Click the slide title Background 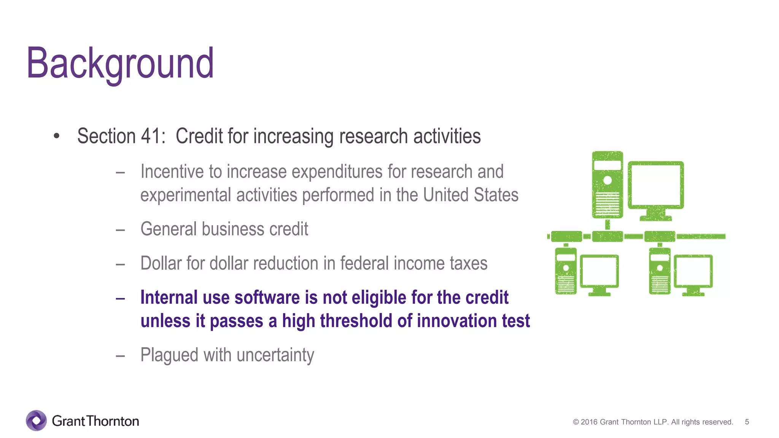point(120,63)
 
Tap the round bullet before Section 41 point(57,136)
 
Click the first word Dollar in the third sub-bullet point(161,263)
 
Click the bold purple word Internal point(169,298)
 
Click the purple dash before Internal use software point(121,298)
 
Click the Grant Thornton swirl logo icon point(36,421)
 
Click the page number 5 point(747,422)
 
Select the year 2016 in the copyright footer point(589,422)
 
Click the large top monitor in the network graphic point(655,186)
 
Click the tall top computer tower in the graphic point(607,185)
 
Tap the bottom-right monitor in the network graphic point(693,272)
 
